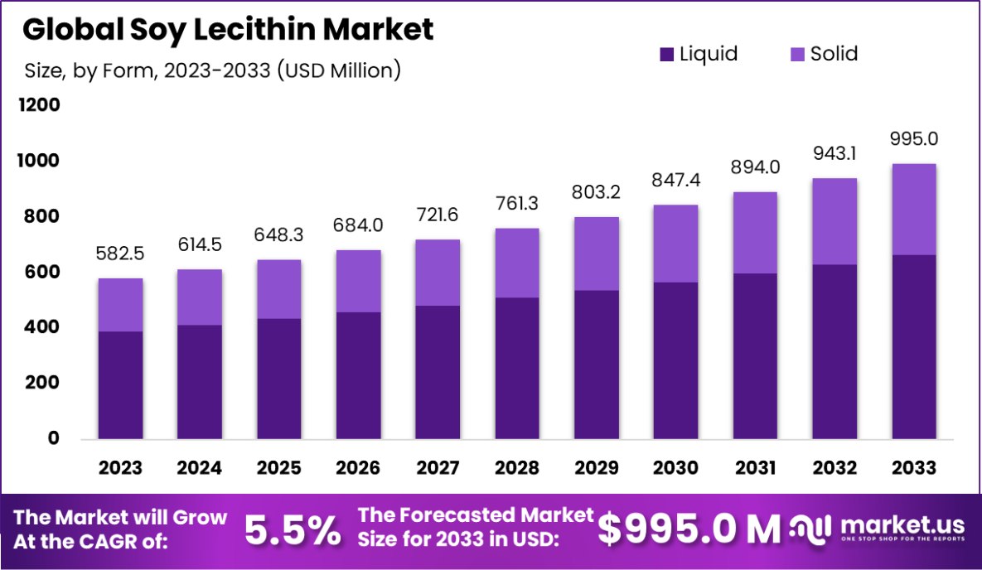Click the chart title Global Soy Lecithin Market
[228, 30]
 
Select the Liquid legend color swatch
[667, 56]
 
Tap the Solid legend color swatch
[798, 56]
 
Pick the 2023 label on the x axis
[120, 468]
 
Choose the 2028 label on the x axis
[516, 468]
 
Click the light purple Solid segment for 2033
[914, 210]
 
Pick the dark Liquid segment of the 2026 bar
[358, 375]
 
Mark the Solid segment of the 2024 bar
[199, 297]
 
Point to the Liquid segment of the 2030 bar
[675, 360]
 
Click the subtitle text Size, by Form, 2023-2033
[212, 70]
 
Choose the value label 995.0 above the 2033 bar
[914, 138]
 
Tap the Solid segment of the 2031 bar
[755, 233]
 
